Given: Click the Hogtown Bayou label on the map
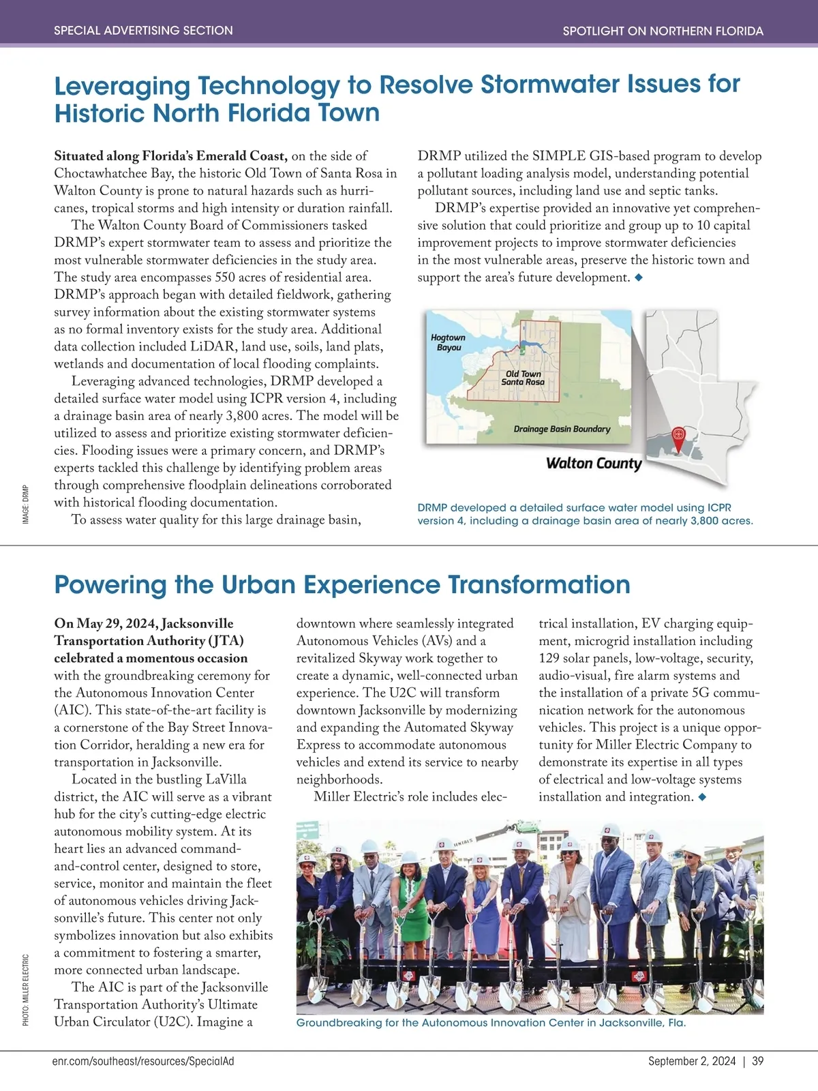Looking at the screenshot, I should coord(448,342).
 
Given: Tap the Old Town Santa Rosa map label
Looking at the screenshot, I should coord(523,378).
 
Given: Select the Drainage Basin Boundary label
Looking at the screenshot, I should coord(562,429).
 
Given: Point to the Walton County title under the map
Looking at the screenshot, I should coord(594,464).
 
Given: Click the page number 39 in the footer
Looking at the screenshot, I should coord(758,1061).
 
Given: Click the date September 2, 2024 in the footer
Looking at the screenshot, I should coord(691,1061).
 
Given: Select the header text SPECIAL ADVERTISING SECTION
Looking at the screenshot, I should coord(143,31).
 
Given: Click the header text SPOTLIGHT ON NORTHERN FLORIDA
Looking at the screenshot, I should coord(663,31).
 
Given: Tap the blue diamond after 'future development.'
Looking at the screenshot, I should coord(639,278).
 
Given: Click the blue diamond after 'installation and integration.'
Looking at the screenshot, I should coord(703,797).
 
